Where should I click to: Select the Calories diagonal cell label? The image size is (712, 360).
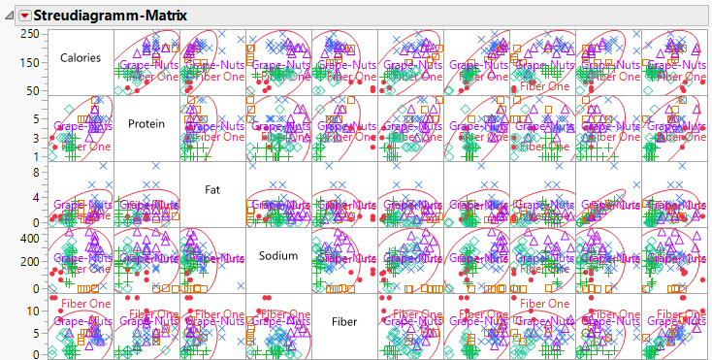tap(80, 57)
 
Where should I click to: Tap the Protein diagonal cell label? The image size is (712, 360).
tap(146, 123)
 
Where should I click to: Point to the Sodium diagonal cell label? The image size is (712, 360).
tap(277, 255)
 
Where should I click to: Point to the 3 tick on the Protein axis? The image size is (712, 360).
tap(35, 138)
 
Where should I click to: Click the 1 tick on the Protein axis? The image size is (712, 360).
tap(35, 156)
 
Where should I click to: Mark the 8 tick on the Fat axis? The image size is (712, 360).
tap(35, 172)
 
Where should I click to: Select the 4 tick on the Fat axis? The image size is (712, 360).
tap(35, 197)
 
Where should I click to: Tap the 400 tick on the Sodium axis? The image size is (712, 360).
tap(28, 237)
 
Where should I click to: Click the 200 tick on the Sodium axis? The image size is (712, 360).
tap(28, 262)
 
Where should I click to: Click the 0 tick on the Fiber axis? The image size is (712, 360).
tap(35, 354)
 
